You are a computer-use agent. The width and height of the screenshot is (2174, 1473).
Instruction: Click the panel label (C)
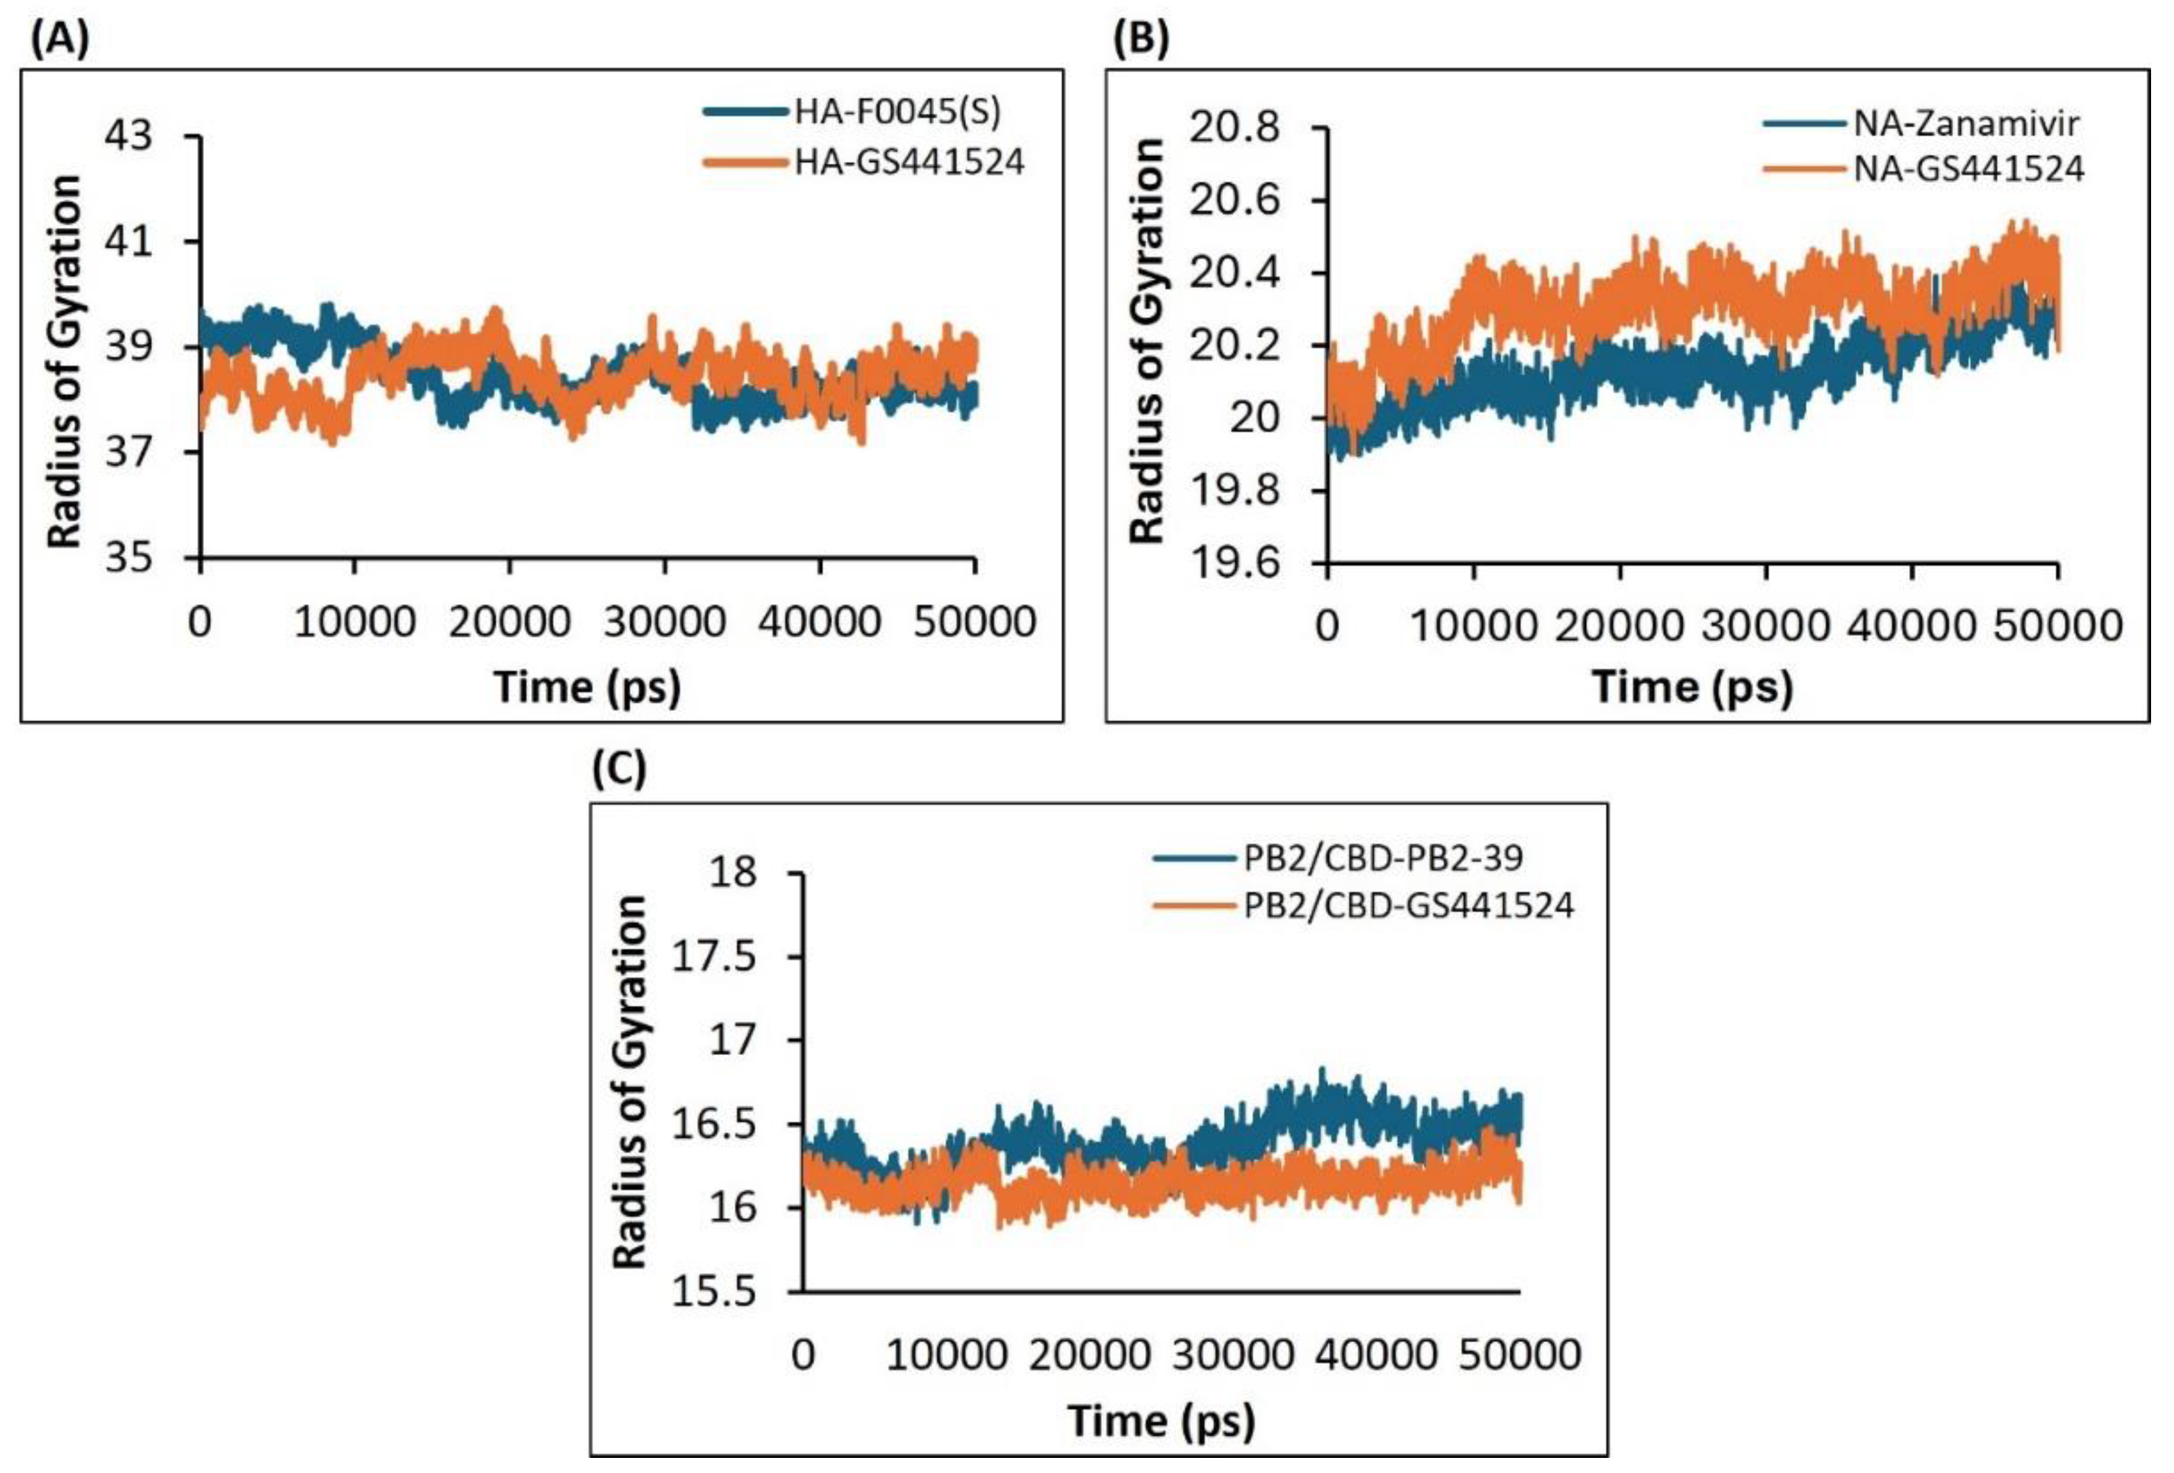point(619,769)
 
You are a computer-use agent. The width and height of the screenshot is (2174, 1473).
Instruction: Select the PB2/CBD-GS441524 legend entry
point(1408,904)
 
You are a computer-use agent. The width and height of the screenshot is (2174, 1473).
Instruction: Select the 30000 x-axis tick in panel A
point(664,622)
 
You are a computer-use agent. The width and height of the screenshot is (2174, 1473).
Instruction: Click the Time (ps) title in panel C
point(1161,1421)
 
